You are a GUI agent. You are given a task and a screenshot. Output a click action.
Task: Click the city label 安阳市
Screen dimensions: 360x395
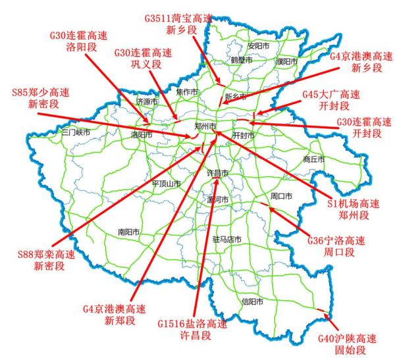click(259, 46)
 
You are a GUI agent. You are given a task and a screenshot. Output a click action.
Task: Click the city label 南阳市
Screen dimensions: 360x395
click(129, 232)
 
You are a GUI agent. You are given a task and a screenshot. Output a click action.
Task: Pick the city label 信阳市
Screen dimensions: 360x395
click(252, 302)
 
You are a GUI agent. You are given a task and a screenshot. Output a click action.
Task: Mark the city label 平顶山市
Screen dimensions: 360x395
click(166, 184)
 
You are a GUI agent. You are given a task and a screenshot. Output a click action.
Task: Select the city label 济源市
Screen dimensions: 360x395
click(147, 102)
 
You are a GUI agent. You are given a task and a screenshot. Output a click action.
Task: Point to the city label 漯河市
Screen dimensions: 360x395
click(217, 199)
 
